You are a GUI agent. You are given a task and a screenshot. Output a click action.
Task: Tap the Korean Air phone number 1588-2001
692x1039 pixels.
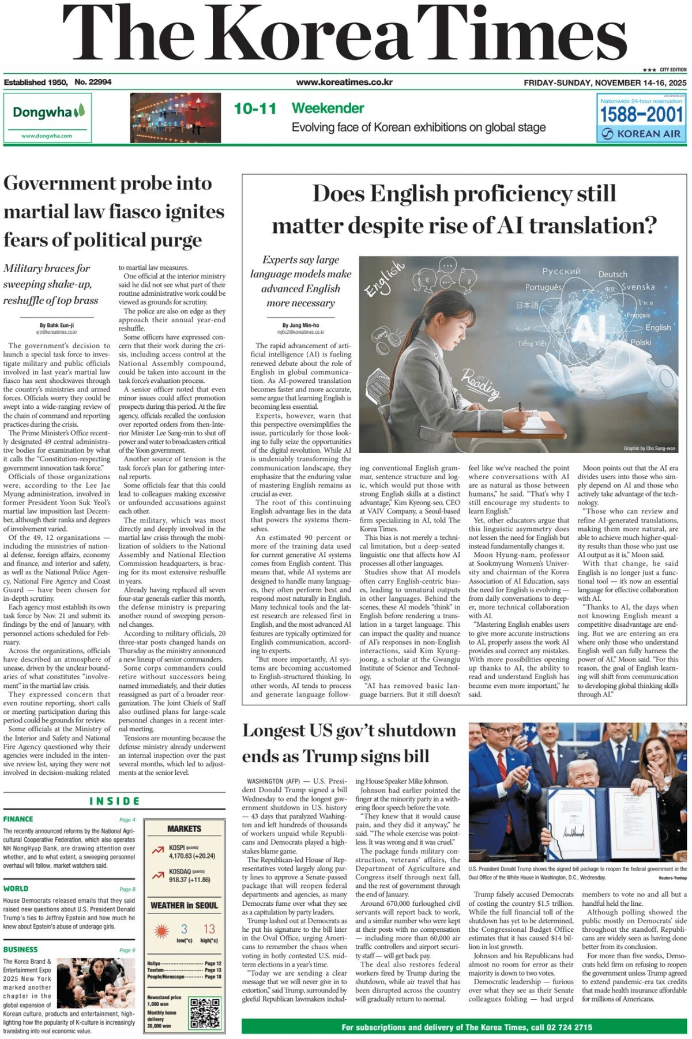(641, 115)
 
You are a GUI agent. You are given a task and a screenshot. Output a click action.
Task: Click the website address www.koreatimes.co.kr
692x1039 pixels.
(344, 82)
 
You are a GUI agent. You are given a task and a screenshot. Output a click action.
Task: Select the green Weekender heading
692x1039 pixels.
(328, 108)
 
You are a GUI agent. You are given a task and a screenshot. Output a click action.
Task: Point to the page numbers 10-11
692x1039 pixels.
(255, 108)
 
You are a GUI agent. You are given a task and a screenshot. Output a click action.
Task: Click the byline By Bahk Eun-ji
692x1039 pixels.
(57, 325)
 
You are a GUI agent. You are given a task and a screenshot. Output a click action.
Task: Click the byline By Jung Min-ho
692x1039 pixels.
(300, 325)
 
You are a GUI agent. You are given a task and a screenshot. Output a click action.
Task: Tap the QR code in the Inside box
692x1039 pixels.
(205, 1012)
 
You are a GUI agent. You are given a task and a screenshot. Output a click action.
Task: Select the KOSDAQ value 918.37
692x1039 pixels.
(181, 880)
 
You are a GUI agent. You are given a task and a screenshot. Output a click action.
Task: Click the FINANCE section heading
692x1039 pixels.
(18, 819)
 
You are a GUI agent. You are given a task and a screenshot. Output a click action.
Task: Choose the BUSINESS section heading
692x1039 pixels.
(20, 949)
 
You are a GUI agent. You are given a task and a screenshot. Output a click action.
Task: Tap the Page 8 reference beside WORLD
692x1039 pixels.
(127, 889)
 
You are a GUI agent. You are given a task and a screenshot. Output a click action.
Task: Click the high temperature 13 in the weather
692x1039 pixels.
(209, 929)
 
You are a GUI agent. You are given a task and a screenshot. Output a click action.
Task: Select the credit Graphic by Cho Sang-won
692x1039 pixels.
(649, 448)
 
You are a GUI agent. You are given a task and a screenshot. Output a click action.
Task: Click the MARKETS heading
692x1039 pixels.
(184, 829)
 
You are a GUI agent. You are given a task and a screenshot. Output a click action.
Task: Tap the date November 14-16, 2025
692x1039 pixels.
(605, 82)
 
